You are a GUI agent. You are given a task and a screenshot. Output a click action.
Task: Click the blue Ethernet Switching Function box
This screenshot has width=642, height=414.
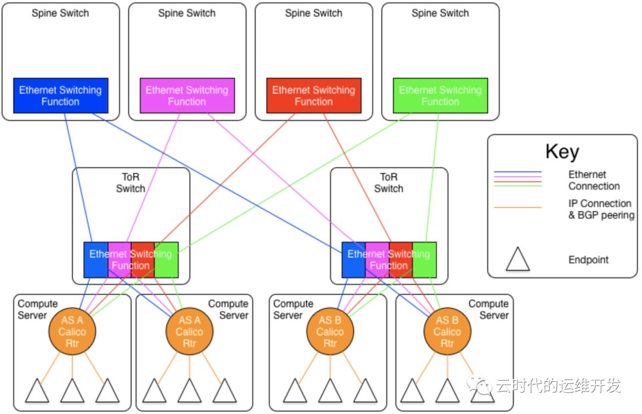61,96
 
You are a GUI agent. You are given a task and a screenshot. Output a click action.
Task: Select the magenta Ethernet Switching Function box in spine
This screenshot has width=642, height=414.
187,96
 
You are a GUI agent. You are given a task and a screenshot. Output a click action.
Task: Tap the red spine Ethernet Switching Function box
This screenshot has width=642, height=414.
313,96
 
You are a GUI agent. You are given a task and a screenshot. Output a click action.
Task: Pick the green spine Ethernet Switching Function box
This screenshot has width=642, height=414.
440,96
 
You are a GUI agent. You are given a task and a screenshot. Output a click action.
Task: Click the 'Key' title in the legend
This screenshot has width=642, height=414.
562,152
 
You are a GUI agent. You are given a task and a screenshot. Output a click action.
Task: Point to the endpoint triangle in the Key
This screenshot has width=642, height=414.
518,259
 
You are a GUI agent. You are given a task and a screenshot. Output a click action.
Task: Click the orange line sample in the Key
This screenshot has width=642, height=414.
518,208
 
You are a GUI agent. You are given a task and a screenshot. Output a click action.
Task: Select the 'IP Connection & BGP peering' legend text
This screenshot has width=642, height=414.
601,209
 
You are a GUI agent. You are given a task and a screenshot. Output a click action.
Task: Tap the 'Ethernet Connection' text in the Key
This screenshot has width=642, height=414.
594,180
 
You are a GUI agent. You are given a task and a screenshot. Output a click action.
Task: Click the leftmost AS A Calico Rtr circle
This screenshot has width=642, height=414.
73,331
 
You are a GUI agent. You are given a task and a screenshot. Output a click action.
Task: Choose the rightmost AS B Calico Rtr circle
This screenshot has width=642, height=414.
447,331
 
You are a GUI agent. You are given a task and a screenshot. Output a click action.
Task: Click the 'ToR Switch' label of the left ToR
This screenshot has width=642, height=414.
130,183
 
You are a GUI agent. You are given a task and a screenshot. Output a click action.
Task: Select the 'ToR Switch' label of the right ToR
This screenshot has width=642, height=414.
389,183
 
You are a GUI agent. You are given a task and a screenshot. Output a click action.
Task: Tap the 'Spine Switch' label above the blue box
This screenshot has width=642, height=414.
60,13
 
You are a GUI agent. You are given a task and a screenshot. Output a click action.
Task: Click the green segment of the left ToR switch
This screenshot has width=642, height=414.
167,260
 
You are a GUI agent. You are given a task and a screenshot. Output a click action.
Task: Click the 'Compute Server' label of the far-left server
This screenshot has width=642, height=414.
32,309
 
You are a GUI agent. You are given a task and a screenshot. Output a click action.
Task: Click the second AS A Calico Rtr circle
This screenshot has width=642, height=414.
189,331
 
